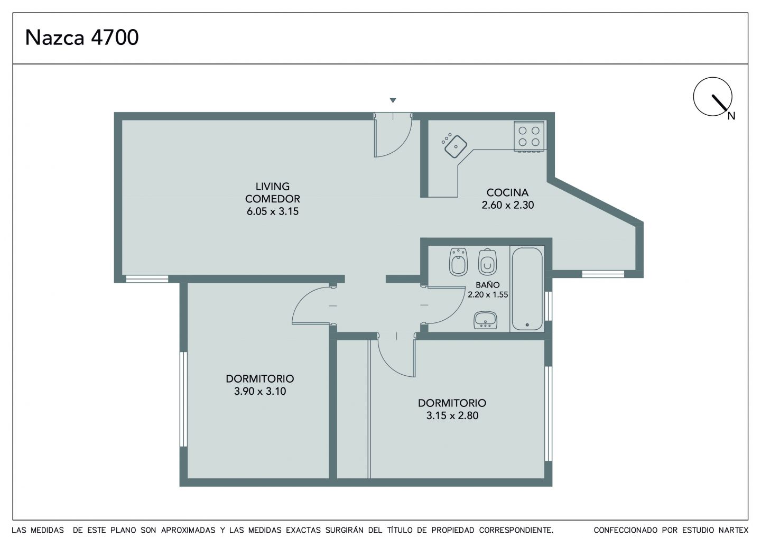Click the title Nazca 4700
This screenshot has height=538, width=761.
point(82,38)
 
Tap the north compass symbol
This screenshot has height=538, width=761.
point(713,97)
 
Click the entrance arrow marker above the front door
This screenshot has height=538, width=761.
point(393,100)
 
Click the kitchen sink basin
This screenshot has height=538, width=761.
point(456,147)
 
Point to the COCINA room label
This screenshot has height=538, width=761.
point(507,192)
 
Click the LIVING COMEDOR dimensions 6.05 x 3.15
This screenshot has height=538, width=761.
point(273,211)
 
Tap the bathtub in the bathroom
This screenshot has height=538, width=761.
point(527,289)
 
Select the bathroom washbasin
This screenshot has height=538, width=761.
point(486,320)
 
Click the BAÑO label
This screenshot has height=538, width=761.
point(487,285)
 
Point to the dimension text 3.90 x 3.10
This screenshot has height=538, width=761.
point(260,391)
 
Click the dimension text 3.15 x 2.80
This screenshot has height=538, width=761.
point(452,415)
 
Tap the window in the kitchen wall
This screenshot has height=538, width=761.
point(603,274)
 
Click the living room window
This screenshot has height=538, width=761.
point(147,279)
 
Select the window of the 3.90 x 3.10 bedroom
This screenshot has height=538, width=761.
point(183,399)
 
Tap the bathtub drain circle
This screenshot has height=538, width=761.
point(527,324)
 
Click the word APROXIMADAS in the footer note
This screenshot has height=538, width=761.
point(188,530)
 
